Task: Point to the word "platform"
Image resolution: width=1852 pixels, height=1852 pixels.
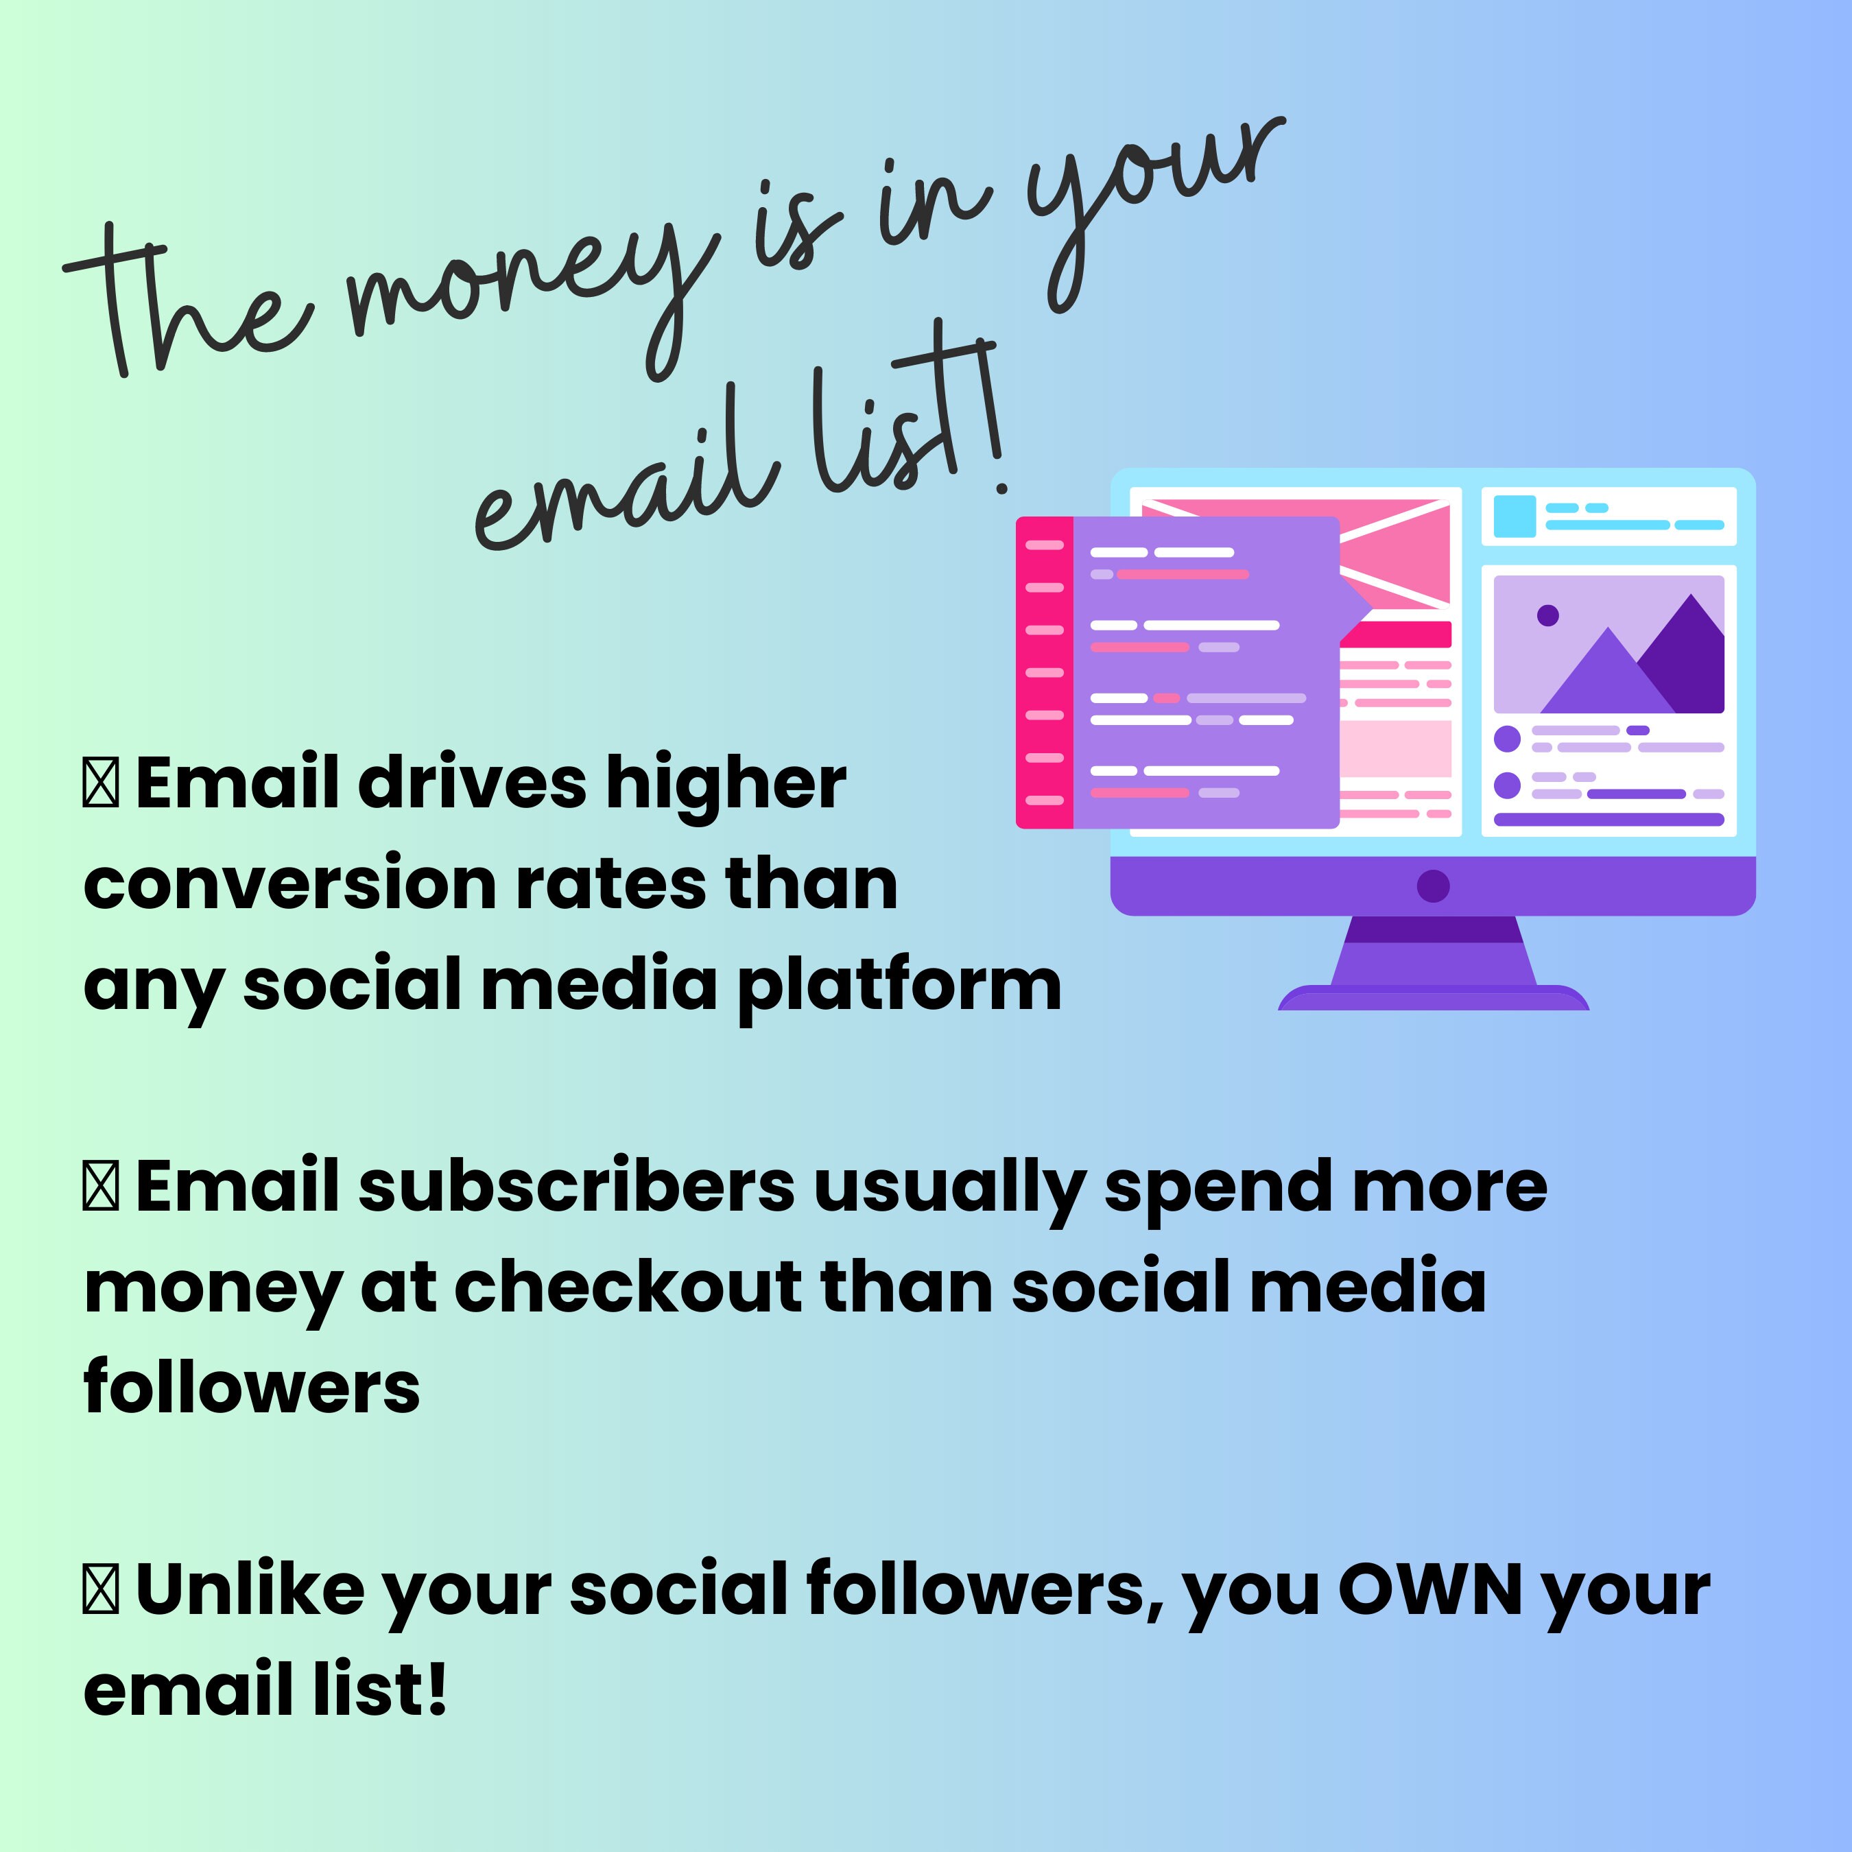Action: coord(899,987)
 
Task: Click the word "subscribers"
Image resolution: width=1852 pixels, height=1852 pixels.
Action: coord(576,1187)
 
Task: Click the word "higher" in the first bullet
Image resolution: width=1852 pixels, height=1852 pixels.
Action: coord(726,784)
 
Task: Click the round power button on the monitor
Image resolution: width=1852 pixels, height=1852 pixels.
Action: coord(1432,886)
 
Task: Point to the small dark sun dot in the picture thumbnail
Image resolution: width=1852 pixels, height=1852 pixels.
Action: coord(1547,615)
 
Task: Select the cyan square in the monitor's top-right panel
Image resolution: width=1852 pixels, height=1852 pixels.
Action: coord(1515,516)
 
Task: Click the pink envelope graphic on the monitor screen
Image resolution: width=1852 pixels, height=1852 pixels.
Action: coord(1394,551)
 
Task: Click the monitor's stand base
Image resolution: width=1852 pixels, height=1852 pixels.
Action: coord(1433,999)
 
